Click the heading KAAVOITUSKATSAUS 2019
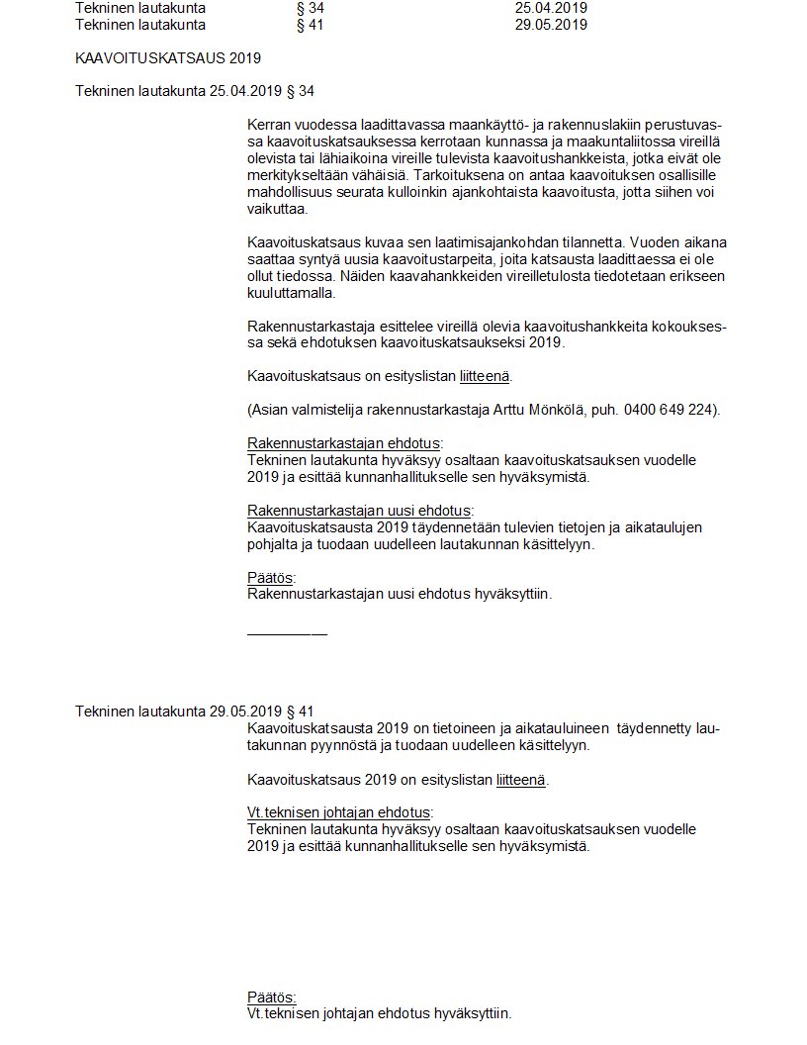pyautogui.click(x=168, y=58)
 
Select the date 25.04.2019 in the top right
pyautogui.click(x=551, y=8)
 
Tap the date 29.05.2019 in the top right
pyautogui.click(x=551, y=25)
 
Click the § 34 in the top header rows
pyautogui.click(x=310, y=8)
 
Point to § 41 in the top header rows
pyautogui.click(x=310, y=25)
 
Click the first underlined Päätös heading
pyautogui.click(x=271, y=578)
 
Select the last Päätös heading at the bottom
pyautogui.click(x=271, y=997)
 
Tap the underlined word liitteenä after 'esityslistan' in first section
pyautogui.click(x=486, y=376)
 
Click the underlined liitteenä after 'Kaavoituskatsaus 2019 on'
pyautogui.click(x=520, y=779)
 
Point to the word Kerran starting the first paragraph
pyautogui.click(x=270, y=126)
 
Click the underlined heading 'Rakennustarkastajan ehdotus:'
pyautogui.click(x=344, y=443)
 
